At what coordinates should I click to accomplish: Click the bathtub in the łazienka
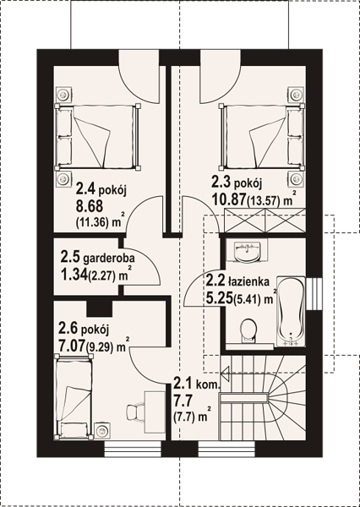291,311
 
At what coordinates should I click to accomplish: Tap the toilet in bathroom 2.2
248,330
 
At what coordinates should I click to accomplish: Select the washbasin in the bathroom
247,250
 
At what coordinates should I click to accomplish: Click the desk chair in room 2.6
134,412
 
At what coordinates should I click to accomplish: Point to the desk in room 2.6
155,412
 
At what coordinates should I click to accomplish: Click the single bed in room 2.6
74,396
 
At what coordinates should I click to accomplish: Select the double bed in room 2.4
98,137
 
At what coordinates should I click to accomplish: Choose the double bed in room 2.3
262,137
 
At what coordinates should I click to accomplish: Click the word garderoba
109,259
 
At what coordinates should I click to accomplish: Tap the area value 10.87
228,199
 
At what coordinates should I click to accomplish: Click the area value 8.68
90,205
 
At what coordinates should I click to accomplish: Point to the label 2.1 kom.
197,384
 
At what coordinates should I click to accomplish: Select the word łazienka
249,281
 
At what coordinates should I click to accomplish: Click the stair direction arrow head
225,373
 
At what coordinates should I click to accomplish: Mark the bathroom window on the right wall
314,294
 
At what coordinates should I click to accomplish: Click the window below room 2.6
133,449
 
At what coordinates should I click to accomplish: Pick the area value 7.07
72,347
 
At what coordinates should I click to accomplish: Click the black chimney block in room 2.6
100,308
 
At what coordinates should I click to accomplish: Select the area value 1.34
74,275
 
